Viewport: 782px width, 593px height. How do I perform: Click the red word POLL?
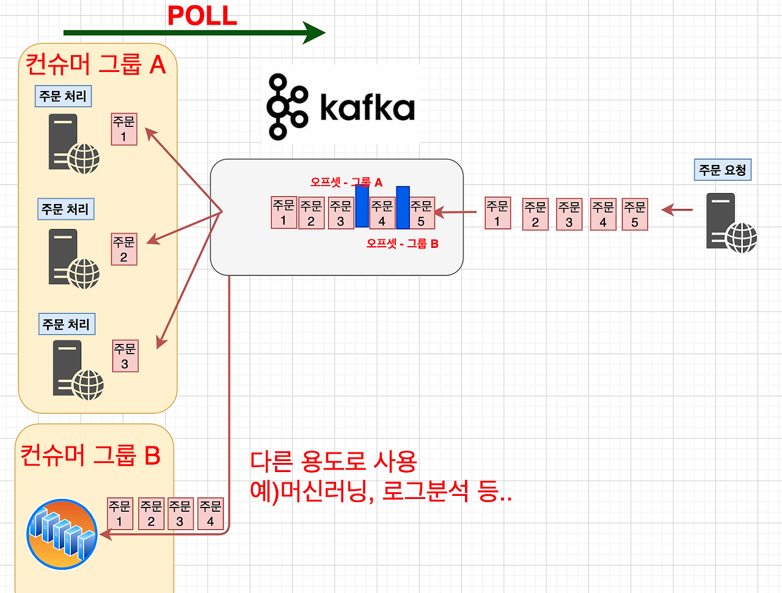click(x=202, y=16)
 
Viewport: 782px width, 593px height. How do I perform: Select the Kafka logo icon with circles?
click(x=287, y=107)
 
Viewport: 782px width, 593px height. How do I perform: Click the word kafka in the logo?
click(x=367, y=107)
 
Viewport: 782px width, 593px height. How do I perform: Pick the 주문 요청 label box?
click(x=723, y=170)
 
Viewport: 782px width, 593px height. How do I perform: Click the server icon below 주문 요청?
click(x=731, y=223)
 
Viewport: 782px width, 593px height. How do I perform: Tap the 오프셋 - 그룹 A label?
click(x=346, y=183)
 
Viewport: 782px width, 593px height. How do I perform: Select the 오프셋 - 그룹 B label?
click(x=402, y=244)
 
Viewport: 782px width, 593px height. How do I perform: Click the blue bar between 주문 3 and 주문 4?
click(x=362, y=206)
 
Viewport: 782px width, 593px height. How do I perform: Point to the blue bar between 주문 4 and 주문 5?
click(x=403, y=207)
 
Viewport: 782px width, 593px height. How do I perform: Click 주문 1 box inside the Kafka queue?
click(x=283, y=213)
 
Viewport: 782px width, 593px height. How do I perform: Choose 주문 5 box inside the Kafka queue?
click(x=422, y=213)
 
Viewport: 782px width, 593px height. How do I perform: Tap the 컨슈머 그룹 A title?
click(x=96, y=65)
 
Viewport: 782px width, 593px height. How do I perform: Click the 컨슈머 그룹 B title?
click(x=90, y=455)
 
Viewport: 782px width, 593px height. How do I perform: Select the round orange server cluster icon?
click(x=62, y=534)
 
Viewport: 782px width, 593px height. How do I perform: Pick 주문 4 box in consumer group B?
click(x=211, y=514)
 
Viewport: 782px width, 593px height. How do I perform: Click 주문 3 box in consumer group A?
click(x=125, y=356)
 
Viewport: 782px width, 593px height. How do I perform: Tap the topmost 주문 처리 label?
click(x=63, y=96)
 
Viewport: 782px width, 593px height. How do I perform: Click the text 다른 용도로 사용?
click(x=334, y=462)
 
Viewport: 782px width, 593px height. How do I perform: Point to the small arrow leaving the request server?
click(x=677, y=209)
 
